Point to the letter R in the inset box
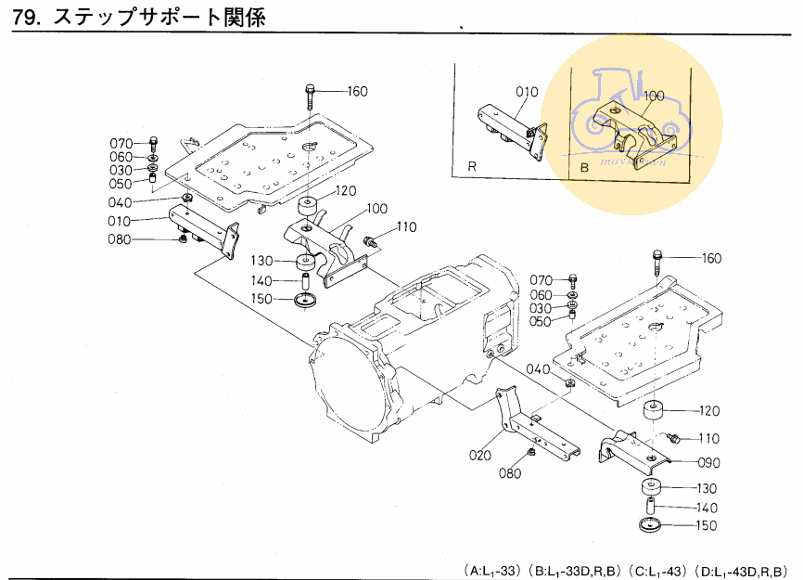pos(471,168)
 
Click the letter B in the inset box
pos(584,168)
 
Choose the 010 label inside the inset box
pos(527,92)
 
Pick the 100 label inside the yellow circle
pos(654,96)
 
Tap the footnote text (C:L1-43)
pos(661,569)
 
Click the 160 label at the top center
pos(357,91)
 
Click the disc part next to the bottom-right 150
pos(651,526)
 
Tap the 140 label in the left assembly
pos(261,280)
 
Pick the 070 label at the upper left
pos(121,144)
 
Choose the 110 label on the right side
pos(708,438)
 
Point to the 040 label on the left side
pos(147,202)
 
